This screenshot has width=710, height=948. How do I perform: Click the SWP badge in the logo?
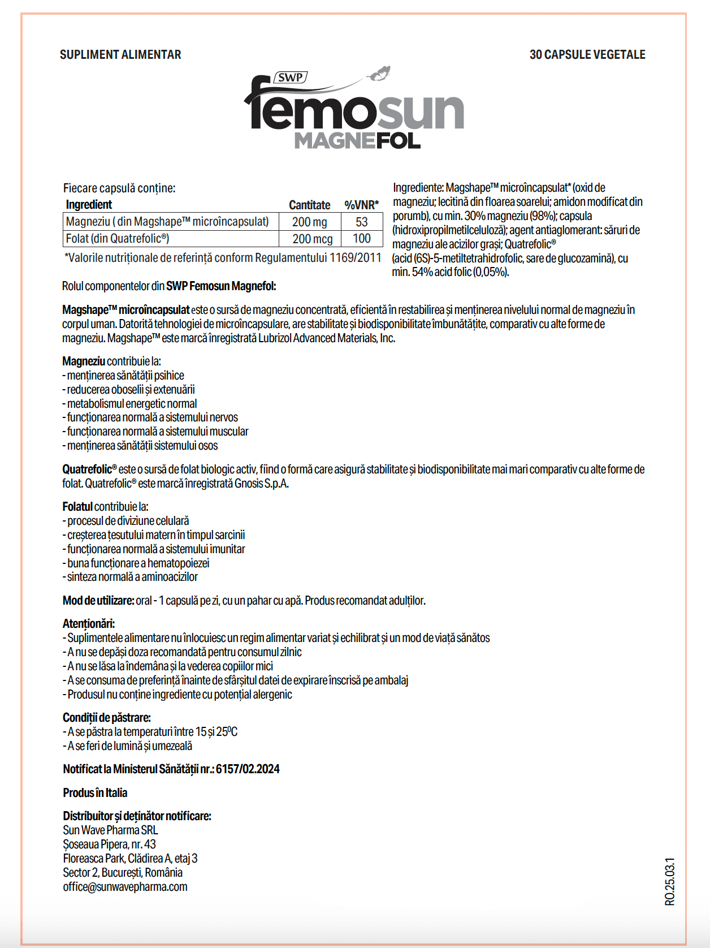[x=291, y=77]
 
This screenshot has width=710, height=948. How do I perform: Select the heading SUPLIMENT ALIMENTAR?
[x=120, y=55]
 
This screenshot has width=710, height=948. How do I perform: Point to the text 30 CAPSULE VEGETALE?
[x=587, y=55]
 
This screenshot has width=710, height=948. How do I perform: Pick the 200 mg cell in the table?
[x=309, y=222]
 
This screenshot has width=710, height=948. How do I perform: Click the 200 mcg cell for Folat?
[x=312, y=239]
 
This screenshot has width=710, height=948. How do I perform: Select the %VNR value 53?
[x=362, y=222]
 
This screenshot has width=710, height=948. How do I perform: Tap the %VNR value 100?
[x=362, y=239]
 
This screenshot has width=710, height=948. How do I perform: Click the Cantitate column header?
[x=309, y=205]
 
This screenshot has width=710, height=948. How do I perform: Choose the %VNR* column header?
[x=361, y=205]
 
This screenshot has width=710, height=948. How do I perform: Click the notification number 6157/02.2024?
[x=248, y=769]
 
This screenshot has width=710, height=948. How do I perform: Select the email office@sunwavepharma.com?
[x=125, y=887]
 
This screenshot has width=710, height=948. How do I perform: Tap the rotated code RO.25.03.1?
[x=670, y=881]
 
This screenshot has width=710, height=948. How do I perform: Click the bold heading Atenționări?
[x=89, y=624]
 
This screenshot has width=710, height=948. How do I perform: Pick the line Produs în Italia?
[x=95, y=793]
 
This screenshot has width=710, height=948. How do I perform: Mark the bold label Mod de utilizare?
[x=98, y=601]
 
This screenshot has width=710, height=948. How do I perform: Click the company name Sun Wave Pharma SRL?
[x=110, y=830]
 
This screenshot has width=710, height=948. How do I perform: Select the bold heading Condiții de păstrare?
[x=107, y=718]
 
